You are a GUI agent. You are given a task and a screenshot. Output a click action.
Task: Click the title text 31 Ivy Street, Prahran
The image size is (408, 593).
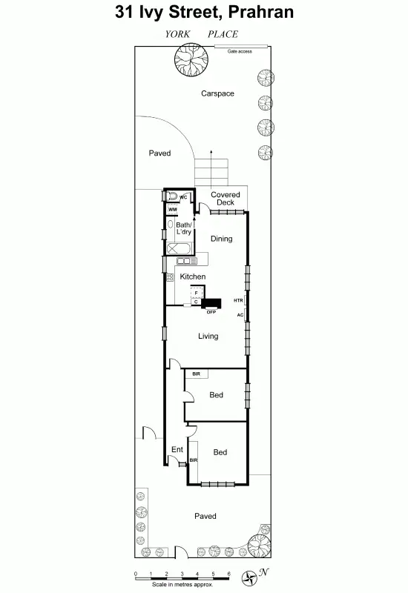[205, 12]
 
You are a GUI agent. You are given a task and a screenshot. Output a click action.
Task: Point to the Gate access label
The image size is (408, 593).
[240, 52]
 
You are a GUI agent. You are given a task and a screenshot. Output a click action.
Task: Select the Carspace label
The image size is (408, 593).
[218, 93]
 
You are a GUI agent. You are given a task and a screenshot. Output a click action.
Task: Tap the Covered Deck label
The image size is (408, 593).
[225, 199]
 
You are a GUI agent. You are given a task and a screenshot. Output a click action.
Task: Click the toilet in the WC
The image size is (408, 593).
[173, 196]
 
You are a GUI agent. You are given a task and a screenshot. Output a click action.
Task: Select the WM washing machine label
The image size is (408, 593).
[172, 210]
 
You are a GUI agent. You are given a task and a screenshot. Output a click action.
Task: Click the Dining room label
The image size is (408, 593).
[221, 239]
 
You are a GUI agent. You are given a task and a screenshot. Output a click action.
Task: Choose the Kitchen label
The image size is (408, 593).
[193, 276]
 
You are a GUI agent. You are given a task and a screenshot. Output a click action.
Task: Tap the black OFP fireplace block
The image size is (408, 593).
[212, 303]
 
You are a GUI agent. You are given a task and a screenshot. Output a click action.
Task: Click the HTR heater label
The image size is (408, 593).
[238, 300]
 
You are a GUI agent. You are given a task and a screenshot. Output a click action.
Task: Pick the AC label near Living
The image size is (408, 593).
[240, 315]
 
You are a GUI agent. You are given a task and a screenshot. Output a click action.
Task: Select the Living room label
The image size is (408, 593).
[208, 337]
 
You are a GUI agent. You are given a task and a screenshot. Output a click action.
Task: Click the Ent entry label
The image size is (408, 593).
[177, 449]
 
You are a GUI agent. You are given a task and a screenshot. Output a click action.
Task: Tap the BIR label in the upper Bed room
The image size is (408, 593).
[196, 374]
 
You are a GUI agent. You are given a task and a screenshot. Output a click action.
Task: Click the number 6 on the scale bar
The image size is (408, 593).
[229, 574]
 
